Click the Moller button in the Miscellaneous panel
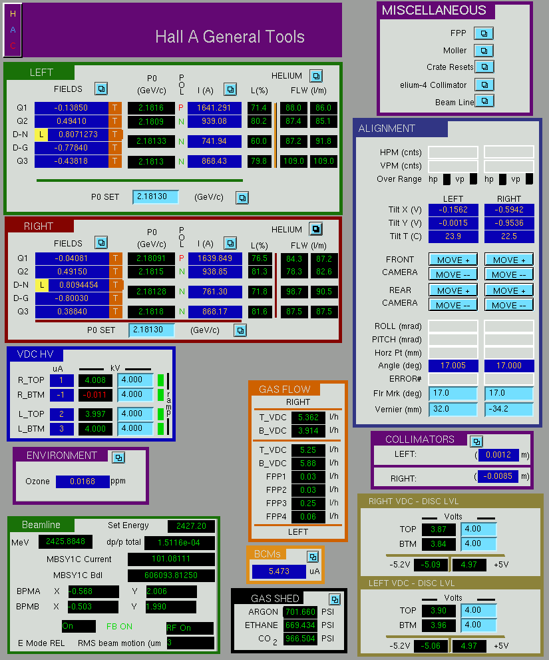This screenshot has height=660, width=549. pyautogui.click(x=484, y=51)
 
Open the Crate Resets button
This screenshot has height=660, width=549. pyautogui.click(x=484, y=67)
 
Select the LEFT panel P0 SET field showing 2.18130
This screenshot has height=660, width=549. pyautogui.click(x=155, y=196)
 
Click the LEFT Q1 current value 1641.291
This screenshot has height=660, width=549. pyautogui.click(x=214, y=108)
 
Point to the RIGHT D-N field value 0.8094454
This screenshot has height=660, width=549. pyautogui.click(x=79, y=285)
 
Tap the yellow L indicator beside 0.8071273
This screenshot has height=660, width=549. pyautogui.click(x=41, y=135)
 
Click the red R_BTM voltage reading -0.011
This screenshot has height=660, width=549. pyautogui.click(x=96, y=395)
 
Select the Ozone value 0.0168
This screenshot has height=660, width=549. pyautogui.click(x=83, y=481)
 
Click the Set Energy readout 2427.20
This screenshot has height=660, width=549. pyautogui.click(x=191, y=525)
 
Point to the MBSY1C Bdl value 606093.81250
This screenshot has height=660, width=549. pyautogui.click(x=171, y=575)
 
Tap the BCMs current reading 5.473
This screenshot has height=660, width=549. pyautogui.click(x=279, y=571)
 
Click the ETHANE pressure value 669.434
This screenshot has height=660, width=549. pyautogui.click(x=300, y=625)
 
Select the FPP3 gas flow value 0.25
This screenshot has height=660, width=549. pyautogui.click(x=308, y=503)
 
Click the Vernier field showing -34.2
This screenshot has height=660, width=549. pyautogui.click(x=508, y=409)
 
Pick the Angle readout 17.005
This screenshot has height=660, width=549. pyautogui.click(x=453, y=366)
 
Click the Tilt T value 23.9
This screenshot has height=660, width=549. pyautogui.click(x=453, y=236)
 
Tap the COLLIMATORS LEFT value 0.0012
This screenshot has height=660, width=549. pyautogui.click(x=498, y=455)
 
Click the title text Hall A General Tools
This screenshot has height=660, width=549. pyautogui.click(x=230, y=37)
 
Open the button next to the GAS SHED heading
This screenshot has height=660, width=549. pyautogui.click(x=335, y=599)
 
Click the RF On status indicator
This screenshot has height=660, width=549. pyautogui.click(x=190, y=627)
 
